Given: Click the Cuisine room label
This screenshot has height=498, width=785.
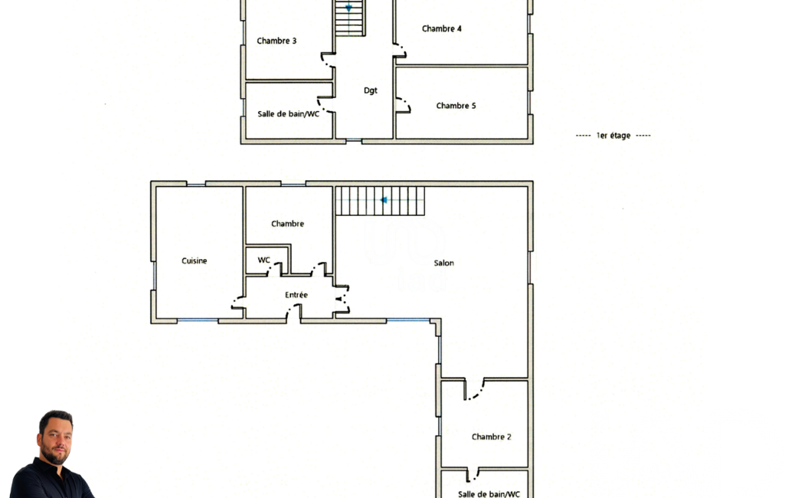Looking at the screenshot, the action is pos(195,260).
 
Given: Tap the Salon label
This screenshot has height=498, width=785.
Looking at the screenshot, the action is pos(444,263).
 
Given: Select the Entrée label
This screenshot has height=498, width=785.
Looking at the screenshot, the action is pos(296,295).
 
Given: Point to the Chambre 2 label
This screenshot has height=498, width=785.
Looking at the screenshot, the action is pos(491,437).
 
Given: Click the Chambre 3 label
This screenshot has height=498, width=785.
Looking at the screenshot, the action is pos(276,41).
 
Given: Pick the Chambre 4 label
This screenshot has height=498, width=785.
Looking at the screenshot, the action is pos(442,28).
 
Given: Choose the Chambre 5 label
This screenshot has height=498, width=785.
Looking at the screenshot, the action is pos(456,106).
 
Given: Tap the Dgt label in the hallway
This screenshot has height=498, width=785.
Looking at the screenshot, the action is pos(371,90).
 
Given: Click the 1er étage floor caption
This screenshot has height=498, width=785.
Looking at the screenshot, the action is pos(613,136).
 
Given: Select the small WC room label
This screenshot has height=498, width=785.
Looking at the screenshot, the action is pos(263,260).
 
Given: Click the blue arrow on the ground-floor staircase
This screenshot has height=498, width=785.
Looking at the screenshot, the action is pos(384,201).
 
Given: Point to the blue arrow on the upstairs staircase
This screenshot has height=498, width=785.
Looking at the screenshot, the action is pos(348,8).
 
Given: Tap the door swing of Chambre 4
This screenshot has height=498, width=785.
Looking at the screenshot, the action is pos(400,51).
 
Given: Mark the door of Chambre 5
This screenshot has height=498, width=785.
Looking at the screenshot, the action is pos(404,105).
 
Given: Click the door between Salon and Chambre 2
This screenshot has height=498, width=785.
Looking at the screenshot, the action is pos(475,389).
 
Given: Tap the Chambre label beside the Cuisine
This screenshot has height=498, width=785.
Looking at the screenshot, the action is pos(287,224).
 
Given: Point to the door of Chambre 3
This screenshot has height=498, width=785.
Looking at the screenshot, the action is pos(328,60).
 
